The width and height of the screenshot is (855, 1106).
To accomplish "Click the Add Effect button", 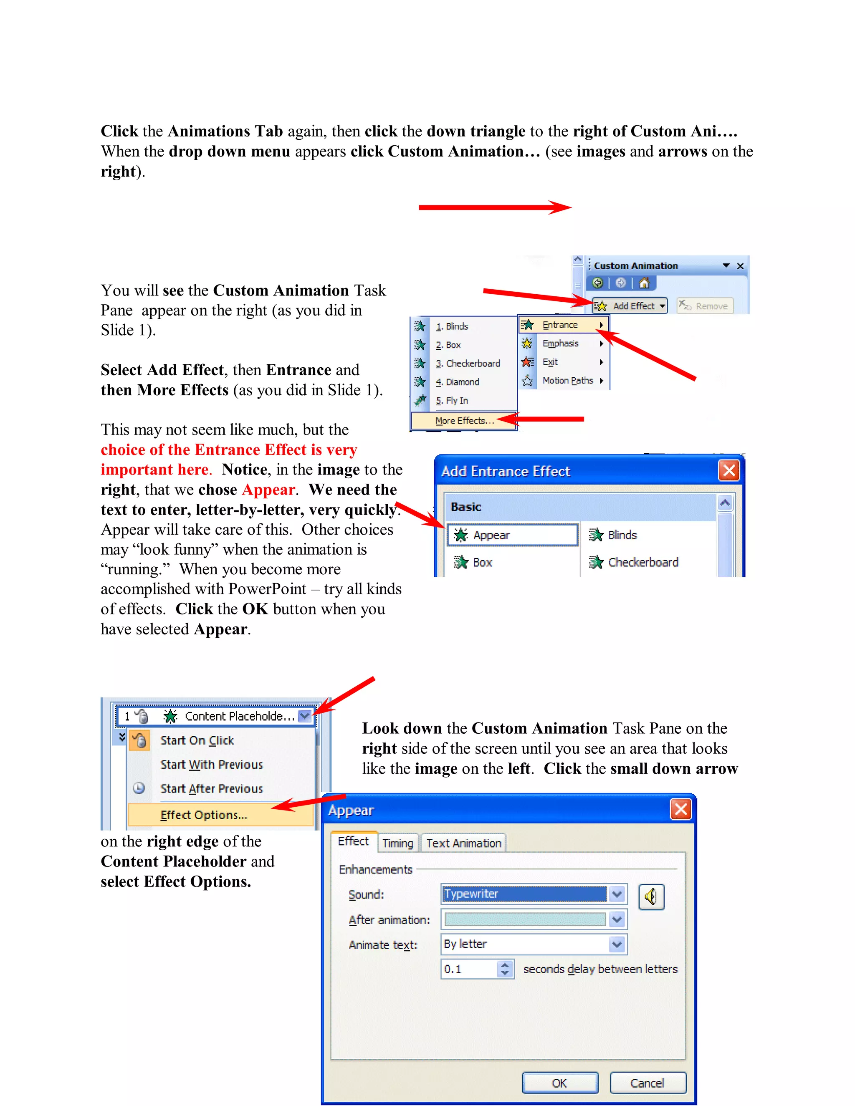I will [630, 306].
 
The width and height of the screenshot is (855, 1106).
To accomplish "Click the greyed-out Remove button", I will [705, 306].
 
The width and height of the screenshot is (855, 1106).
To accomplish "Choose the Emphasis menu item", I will [560, 343].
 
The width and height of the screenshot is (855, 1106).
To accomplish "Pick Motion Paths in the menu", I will [567, 380].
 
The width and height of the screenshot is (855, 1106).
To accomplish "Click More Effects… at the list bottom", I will [463, 420].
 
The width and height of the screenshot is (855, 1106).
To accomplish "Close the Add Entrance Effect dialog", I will [729, 471].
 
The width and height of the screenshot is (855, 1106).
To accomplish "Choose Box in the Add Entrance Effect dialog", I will [482, 562].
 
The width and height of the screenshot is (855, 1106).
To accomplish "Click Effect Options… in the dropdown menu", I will [204, 815].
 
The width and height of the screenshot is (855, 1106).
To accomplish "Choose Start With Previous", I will [211, 765].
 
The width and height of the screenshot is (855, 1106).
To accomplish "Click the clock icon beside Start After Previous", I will [139, 788].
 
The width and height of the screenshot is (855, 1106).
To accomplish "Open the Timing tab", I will [397, 843].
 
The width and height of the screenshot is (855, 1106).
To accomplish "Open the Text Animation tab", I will [463, 843].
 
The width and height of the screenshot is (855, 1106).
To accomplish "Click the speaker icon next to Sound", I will [651, 897].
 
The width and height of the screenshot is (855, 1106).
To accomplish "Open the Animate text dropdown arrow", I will [617, 944].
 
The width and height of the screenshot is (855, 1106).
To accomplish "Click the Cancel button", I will [648, 1083].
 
